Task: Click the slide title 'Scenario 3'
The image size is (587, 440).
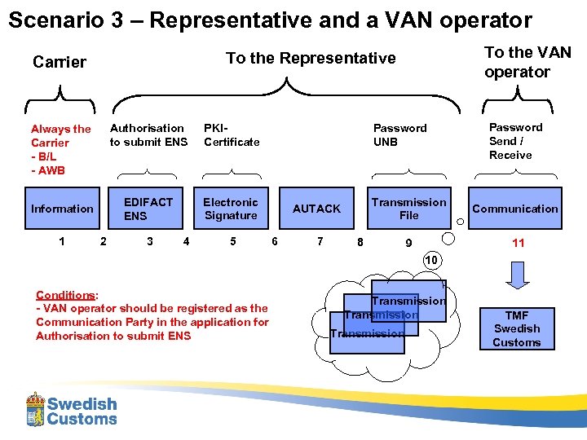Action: pyautogui.click(x=269, y=20)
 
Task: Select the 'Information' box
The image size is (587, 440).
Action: pyautogui.click(x=62, y=209)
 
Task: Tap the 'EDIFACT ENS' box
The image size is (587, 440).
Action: pyautogui.click(x=148, y=209)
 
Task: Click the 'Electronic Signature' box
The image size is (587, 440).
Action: pyautogui.click(x=231, y=209)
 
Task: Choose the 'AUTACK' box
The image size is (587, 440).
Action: pyautogui.click(x=316, y=209)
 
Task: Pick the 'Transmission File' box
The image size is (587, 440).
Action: pyautogui.click(x=408, y=209)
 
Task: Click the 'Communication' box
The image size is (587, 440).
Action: pyautogui.click(x=515, y=209)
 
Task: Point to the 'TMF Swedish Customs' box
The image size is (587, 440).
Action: pyautogui.click(x=516, y=328)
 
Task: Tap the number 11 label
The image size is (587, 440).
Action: pyautogui.click(x=518, y=243)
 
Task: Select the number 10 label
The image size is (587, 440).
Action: pyautogui.click(x=431, y=259)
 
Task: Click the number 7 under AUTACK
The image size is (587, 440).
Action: pyautogui.click(x=320, y=241)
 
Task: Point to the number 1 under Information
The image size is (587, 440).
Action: pyautogui.click(x=62, y=240)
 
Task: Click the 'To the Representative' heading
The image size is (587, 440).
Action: pyautogui.click(x=311, y=58)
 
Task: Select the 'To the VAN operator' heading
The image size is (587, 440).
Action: pyautogui.click(x=527, y=62)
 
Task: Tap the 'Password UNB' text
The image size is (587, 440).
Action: pyautogui.click(x=399, y=134)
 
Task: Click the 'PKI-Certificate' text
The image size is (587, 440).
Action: pyautogui.click(x=231, y=134)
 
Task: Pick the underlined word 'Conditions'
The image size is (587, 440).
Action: pyautogui.click(x=65, y=295)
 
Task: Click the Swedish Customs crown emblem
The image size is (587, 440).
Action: pyautogui.click(x=35, y=409)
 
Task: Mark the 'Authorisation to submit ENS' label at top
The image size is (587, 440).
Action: pyautogui.click(x=148, y=134)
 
